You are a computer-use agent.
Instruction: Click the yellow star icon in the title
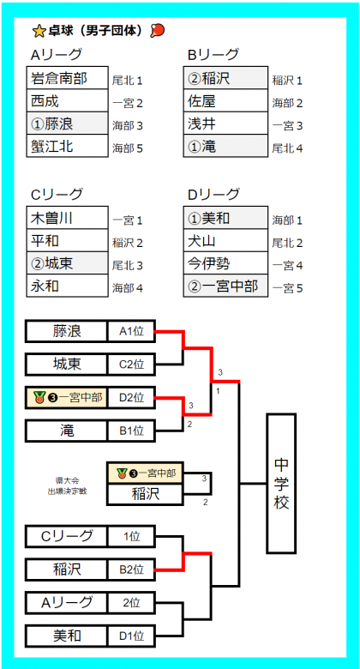pos(39,31)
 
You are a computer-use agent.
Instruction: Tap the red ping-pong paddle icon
pos(158,30)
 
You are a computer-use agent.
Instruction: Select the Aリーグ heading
pos(57,55)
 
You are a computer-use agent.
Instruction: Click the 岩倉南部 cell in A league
pos(68,78)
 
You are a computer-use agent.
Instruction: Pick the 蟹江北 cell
pos(68,146)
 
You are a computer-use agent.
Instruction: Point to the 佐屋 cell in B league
pos(225,100)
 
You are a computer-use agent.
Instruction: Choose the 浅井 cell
pos(225,124)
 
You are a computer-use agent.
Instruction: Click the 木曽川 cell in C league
pos(68,218)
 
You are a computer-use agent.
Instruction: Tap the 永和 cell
pos(68,286)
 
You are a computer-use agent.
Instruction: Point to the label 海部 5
pos(127,148)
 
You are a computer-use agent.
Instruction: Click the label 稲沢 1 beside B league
pos(287,81)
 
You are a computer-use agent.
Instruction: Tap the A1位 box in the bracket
pos(131,332)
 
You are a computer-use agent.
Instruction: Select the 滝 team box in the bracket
pos(67,431)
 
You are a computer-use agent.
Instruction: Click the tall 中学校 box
pos(281,484)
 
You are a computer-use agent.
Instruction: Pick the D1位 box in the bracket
pos(131,636)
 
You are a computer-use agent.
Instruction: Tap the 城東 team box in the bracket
pos(67,365)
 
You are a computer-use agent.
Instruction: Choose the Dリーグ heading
pos(213,195)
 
